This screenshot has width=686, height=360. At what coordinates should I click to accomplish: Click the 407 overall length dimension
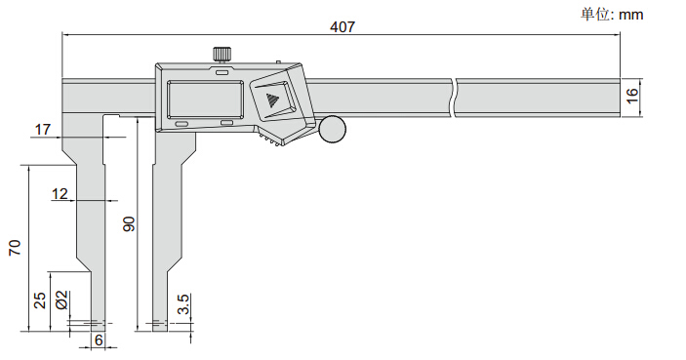point(343,27)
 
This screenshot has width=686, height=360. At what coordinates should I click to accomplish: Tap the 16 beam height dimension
point(632,96)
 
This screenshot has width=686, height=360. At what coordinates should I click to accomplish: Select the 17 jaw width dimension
point(42,130)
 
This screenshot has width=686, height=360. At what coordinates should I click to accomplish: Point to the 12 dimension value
point(60,193)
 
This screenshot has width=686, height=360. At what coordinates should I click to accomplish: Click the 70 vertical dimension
point(15,248)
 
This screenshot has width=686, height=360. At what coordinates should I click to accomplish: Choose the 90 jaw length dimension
point(129,223)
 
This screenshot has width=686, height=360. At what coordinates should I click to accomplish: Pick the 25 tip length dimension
point(40,300)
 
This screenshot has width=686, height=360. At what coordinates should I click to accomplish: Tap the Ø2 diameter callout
point(62,300)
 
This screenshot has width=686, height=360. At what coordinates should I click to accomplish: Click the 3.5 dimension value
point(183,304)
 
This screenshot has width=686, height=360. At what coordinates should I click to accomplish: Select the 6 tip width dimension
point(99,340)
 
